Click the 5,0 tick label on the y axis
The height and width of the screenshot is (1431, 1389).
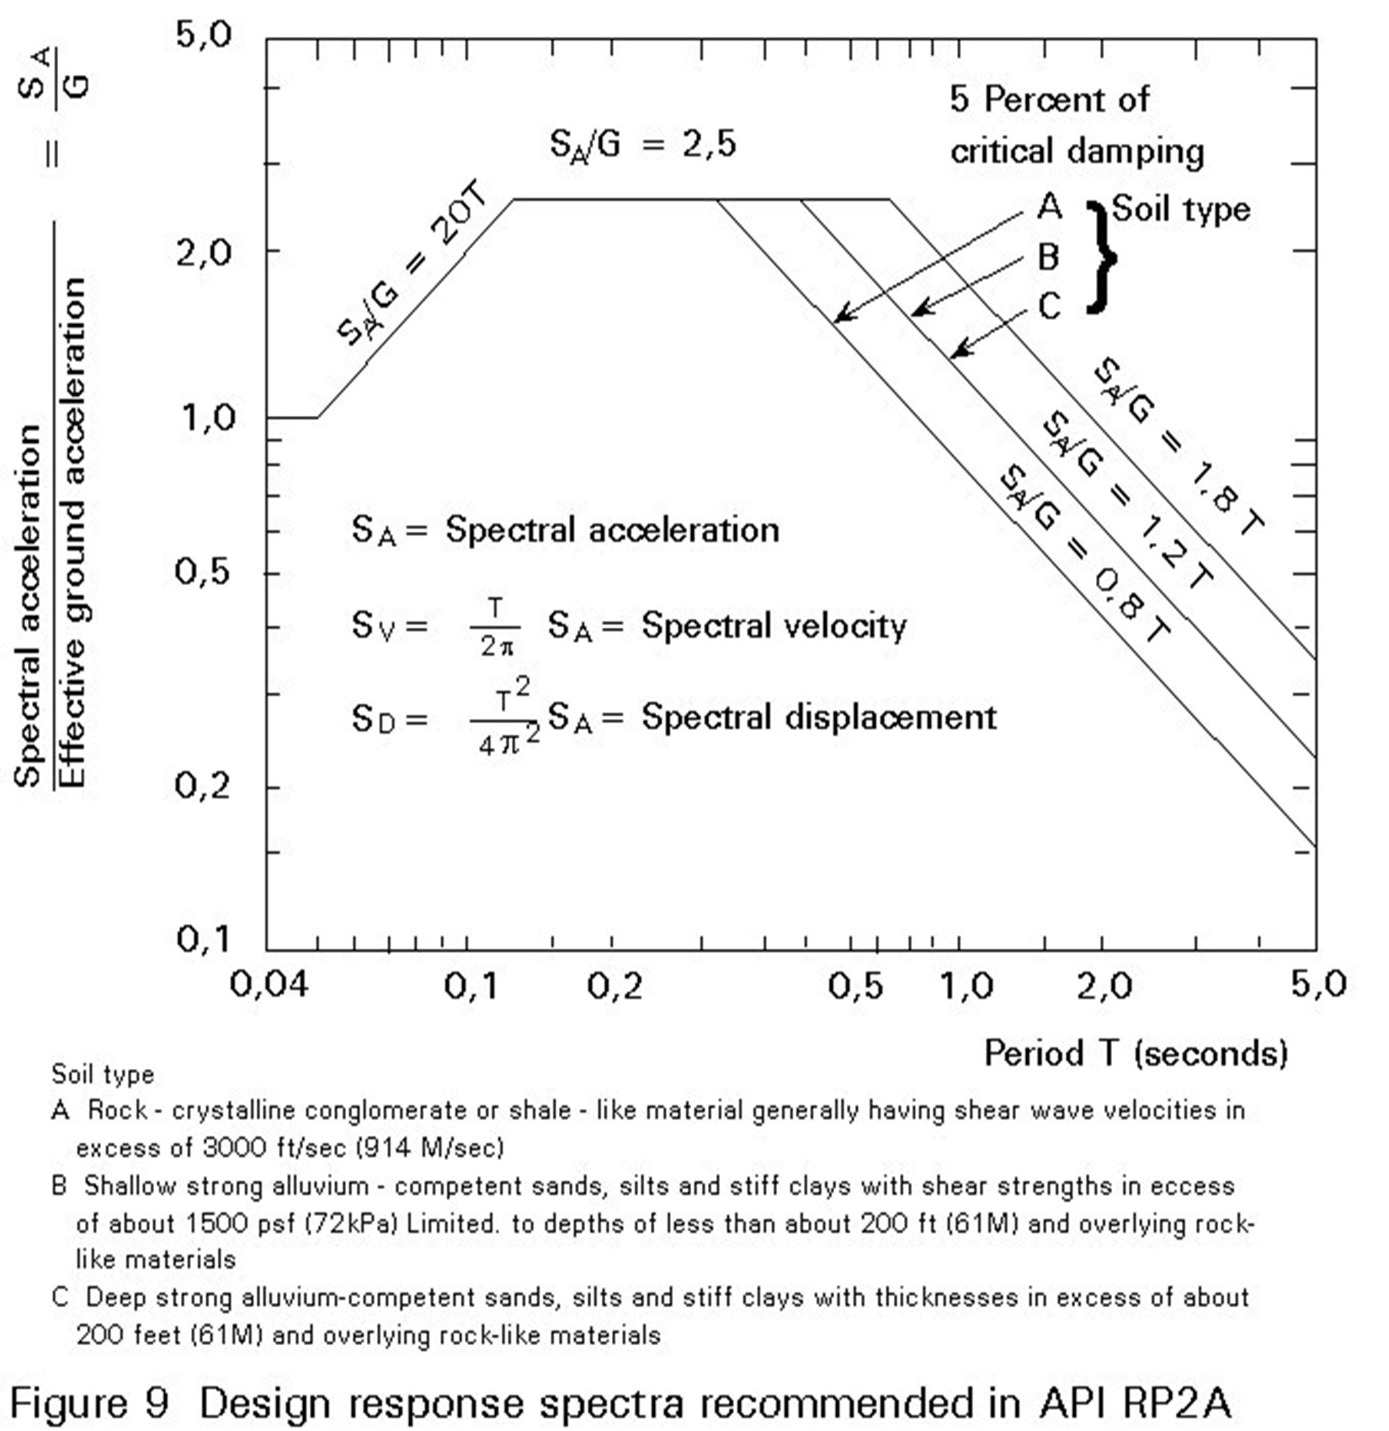coord(202,35)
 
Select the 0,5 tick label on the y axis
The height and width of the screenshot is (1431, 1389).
coord(202,572)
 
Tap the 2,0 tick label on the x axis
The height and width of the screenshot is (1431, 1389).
coord(1104,984)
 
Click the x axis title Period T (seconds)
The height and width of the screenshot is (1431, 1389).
coord(1136,1053)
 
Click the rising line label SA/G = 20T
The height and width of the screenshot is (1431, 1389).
coord(412,265)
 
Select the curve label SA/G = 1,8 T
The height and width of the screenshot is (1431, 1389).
coord(1179,446)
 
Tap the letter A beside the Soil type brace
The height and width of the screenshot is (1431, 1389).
coord(1049,206)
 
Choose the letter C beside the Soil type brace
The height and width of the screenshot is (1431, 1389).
coord(1049,306)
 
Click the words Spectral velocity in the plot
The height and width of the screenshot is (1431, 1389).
coord(774,625)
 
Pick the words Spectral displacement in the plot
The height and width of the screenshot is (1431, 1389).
coord(818,717)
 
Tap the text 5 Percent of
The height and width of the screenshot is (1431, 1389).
coord(1049,99)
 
